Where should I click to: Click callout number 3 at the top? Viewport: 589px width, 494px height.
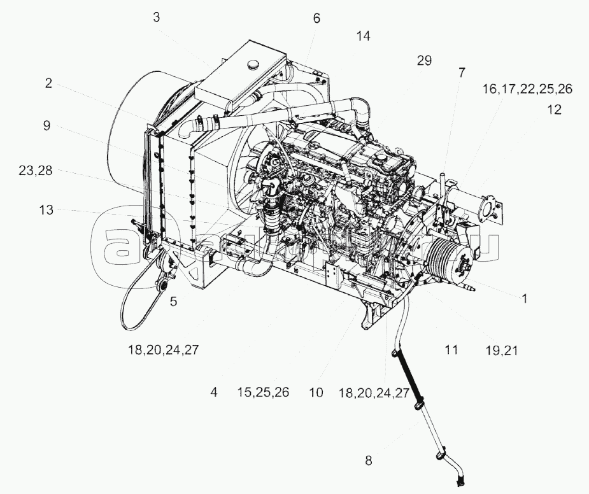click(156, 17)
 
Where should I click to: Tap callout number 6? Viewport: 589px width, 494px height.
click(316, 18)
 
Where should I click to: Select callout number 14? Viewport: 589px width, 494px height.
click(363, 36)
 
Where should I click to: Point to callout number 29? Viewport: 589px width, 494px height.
click(424, 60)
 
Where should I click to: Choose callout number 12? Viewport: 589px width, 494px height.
click(554, 109)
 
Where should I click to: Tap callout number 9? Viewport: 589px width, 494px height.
click(46, 125)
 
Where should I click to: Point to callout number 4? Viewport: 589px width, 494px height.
click(214, 392)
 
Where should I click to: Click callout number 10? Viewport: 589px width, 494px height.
click(316, 392)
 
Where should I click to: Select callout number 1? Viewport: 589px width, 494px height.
click(524, 297)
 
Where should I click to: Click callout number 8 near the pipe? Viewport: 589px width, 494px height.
click(368, 460)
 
